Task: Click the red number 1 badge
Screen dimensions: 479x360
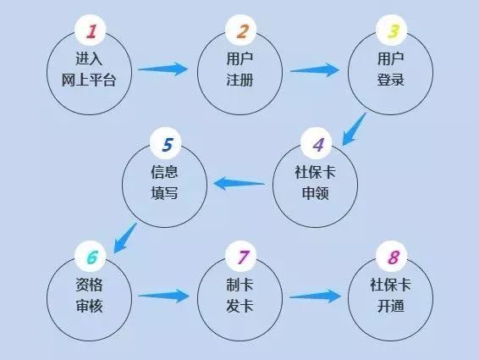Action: [x=90, y=30]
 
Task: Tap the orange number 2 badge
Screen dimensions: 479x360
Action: [x=240, y=30]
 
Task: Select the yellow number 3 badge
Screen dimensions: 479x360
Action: [x=391, y=30]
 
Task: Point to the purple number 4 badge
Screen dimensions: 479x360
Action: [x=317, y=143]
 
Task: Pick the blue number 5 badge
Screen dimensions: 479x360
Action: [x=166, y=143]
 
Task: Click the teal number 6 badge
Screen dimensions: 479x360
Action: [x=90, y=257]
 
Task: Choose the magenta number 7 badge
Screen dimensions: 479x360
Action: [x=240, y=257]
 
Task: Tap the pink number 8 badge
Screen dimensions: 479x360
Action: [x=391, y=257]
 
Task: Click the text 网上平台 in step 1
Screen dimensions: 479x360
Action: [x=89, y=80]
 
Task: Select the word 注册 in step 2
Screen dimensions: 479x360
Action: [x=239, y=80]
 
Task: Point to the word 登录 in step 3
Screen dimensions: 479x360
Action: [x=391, y=80]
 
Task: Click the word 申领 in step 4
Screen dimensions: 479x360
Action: [x=316, y=193]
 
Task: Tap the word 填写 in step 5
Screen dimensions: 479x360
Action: [x=164, y=193]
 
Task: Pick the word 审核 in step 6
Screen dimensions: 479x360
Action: [x=89, y=306]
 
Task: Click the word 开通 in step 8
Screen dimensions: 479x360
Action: [x=391, y=306]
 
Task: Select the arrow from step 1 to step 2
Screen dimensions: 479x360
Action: [x=162, y=69]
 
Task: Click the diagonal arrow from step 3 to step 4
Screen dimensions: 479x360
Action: [x=354, y=129]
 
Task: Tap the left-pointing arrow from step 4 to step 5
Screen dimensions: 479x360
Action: [x=239, y=184]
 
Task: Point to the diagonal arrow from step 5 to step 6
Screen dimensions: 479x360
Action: [x=125, y=238]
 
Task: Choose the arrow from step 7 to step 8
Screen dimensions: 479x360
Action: [x=315, y=296]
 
